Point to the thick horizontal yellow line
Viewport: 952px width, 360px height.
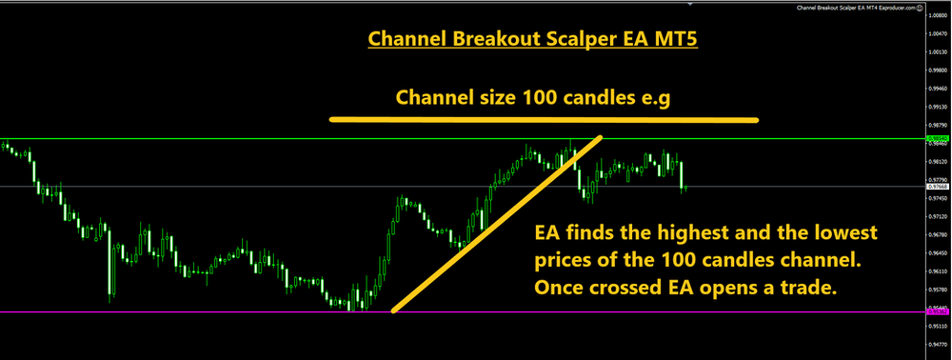[x=544, y=120]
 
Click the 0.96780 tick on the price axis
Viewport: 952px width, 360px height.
[x=937, y=234]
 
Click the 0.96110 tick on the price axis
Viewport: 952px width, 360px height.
[x=937, y=270]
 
